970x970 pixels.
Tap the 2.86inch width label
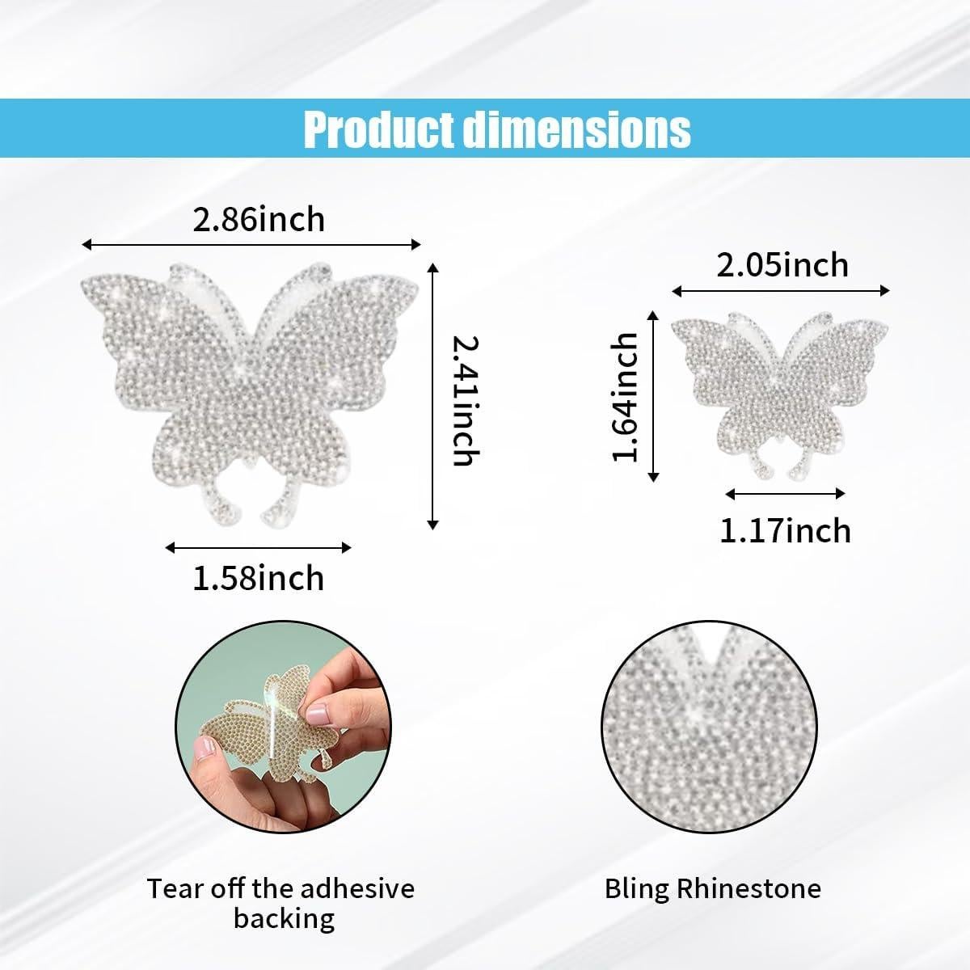coord(259,220)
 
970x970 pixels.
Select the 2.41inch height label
coord(465,400)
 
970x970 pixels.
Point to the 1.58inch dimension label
coord(259,578)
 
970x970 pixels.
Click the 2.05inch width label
coord(782,265)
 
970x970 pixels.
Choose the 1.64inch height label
coord(625,397)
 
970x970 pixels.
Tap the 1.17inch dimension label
coord(786,531)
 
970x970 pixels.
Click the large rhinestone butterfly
coord(251,388)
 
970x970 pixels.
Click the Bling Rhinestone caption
coord(713,889)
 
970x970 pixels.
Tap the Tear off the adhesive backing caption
coord(281,903)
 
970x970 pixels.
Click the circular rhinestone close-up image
coord(711,731)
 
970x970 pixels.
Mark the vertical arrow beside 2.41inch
coord(433,396)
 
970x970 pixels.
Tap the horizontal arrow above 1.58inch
coord(259,547)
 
